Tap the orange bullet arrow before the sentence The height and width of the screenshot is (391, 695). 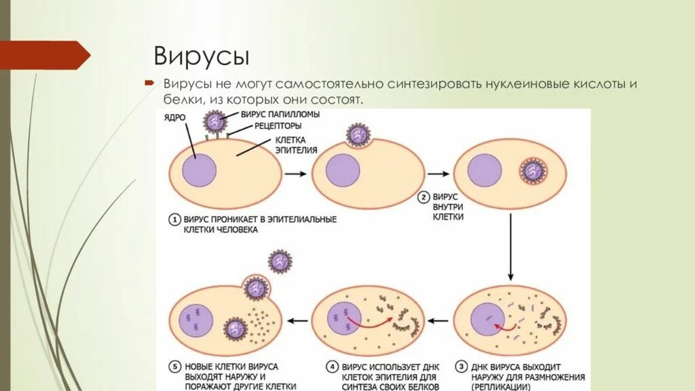(149, 83)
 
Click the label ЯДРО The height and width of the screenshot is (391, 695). (174, 118)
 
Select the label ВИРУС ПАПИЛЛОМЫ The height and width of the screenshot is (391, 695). (267, 115)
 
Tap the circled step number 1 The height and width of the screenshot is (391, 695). (174, 220)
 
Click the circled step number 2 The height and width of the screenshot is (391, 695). (423, 198)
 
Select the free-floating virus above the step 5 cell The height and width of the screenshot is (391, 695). (279, 261)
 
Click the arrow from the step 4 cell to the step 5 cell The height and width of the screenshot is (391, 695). (297, 317)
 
